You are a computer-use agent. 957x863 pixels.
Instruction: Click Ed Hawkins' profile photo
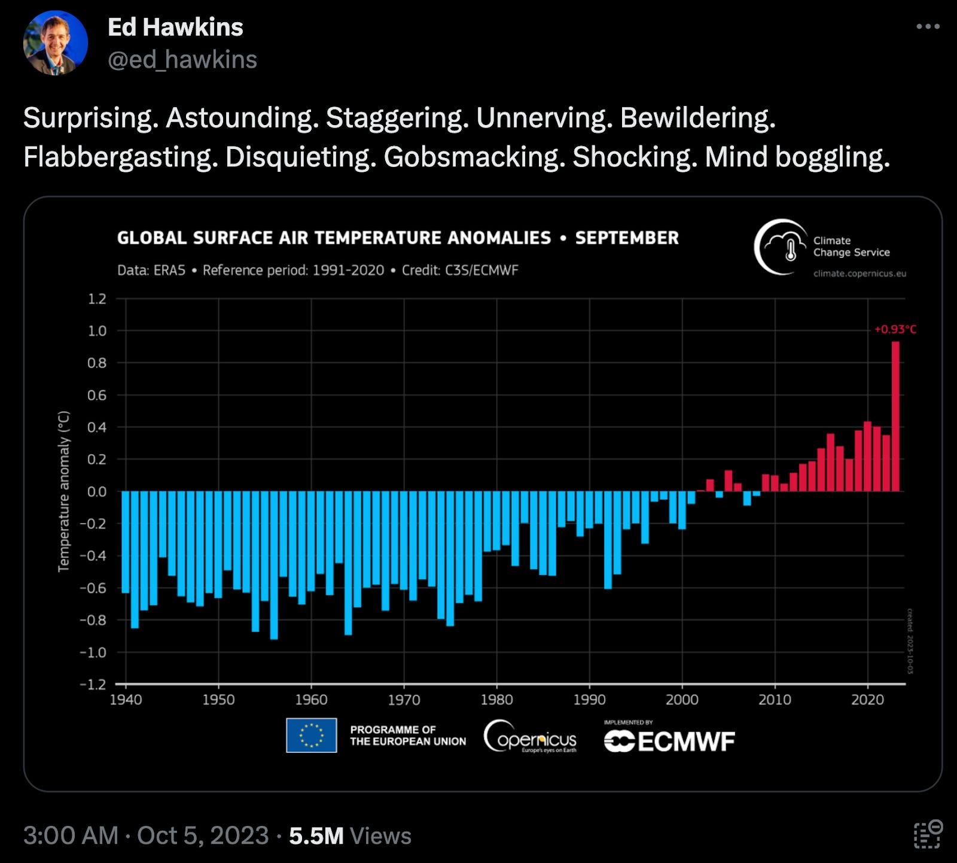(55, 43)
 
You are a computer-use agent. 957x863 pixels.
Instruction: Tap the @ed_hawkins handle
(182, 60)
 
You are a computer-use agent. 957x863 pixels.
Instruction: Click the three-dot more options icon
(928, 26)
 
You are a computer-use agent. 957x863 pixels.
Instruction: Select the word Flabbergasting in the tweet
(120, 157)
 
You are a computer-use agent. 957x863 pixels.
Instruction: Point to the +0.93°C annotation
(895, 329)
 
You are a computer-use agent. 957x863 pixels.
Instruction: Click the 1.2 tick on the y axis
(97, 299)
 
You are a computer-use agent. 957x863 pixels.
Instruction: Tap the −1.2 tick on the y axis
(93, 684)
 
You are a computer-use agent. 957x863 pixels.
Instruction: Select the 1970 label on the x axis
(404, 700)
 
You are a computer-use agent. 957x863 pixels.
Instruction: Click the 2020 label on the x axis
(867, 700)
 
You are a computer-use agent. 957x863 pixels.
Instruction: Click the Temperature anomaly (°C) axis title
(63, 491)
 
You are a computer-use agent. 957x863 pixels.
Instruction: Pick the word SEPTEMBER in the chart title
(627, 238)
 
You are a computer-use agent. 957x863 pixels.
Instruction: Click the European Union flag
(311, 735)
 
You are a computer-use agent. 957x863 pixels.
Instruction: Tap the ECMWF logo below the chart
(669, 741)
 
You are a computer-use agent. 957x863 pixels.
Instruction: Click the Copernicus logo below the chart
(530, 737)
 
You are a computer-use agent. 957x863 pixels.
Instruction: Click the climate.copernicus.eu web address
(860, 274)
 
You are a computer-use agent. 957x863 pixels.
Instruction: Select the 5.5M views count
(316, 835)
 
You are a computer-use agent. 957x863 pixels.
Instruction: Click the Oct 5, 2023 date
(203, 835)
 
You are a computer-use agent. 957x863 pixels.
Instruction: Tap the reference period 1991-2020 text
(293, 271)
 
